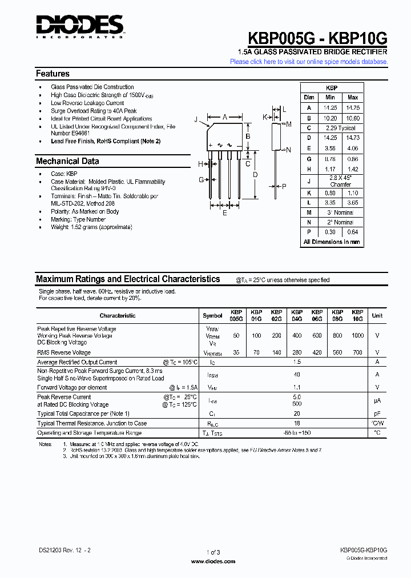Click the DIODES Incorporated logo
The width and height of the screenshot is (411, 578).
(x=79, y=26)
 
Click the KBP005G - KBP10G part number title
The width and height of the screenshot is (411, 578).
(x=317, y=38)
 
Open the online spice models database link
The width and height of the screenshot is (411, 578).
(x=309, y=62)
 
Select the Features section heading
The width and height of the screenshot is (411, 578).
(x=53, y=74)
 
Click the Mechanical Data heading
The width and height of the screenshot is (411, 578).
(x=67, y=161)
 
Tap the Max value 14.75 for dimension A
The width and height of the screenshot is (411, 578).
(x=353, y=107)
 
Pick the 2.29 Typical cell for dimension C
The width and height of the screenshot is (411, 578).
(x=340, y=128)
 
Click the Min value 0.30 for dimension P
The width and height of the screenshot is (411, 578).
(x=329, y=232)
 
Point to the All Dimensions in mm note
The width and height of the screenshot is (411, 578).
(x=332, y=242)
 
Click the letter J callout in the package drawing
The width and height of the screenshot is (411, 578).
(x=196, y=119)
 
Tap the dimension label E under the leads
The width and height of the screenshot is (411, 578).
(x=224, y=213)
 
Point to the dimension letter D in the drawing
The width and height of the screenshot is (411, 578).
(x=255, y=174)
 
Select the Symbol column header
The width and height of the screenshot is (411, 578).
(x=212, y=316)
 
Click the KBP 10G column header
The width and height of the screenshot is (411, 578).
(x=357, y=316)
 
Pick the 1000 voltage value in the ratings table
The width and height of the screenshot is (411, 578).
(x=357, y=336)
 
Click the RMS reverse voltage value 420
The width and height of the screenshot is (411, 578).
(x=317, y=353)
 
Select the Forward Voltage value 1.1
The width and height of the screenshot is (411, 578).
(x=296, y=387)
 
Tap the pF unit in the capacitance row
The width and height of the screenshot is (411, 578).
(x=377, y=414)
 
